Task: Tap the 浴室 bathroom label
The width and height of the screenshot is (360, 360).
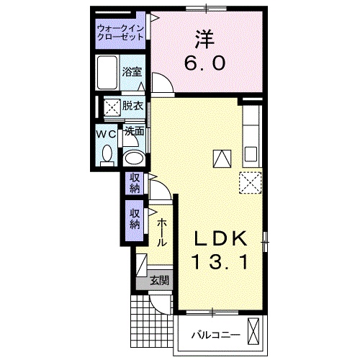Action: (131, 72)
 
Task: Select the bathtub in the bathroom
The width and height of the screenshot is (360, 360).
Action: (108, 73)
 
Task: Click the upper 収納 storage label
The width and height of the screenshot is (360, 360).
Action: (135, 183)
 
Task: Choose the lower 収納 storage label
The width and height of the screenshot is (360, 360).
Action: (135, 219)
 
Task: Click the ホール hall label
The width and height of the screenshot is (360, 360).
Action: (163, 232)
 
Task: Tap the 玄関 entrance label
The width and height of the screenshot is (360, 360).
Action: (159, 281)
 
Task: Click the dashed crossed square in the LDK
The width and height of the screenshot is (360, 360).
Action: (249, 183)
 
